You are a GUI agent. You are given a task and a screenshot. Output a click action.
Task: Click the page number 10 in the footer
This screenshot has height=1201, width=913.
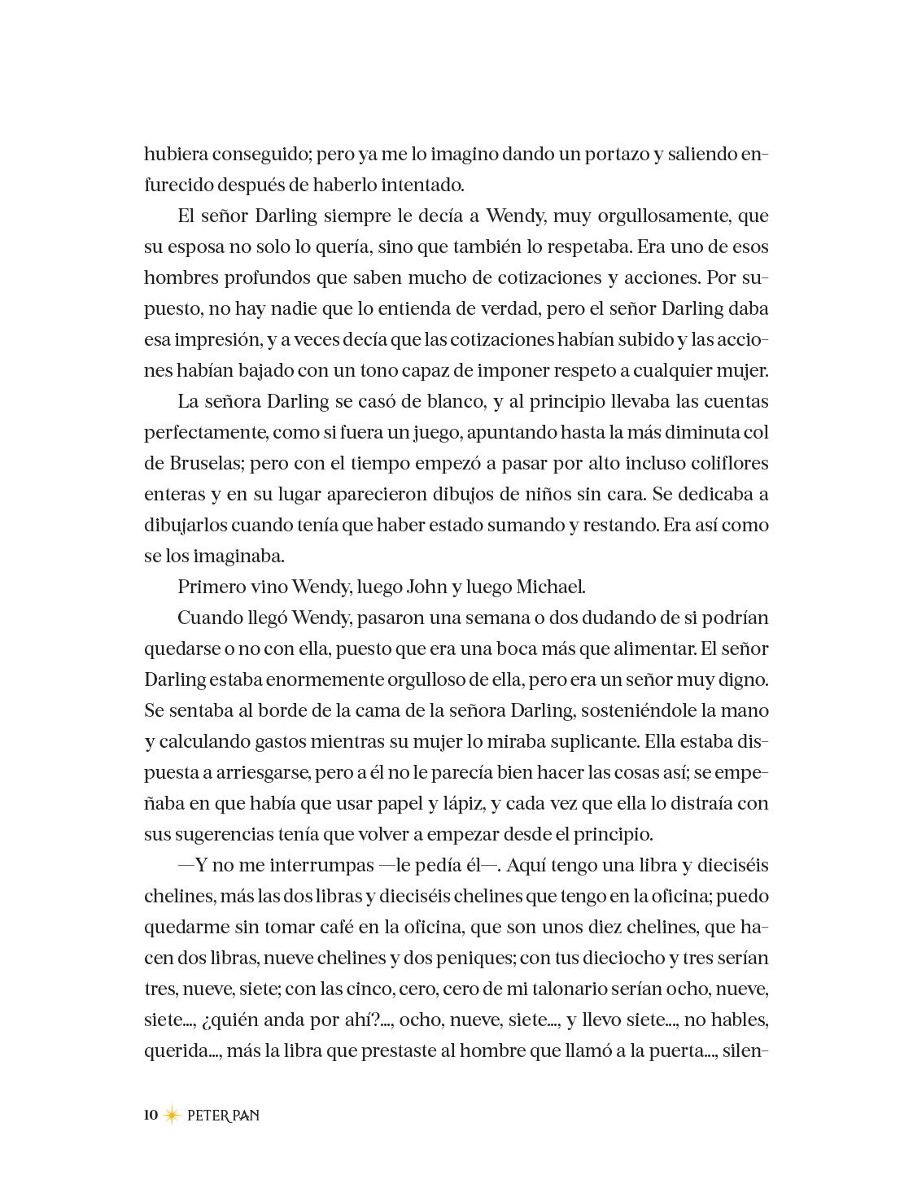point(151,1115)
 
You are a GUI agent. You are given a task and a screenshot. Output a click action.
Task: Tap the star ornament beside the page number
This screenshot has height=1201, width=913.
point(172,1116)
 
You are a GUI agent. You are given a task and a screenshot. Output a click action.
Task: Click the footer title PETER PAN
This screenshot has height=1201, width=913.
point(223,1116)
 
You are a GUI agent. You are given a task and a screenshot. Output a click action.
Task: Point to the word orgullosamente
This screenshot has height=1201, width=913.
point(666,216)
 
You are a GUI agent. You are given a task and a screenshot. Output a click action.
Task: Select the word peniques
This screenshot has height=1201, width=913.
point(471,958)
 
